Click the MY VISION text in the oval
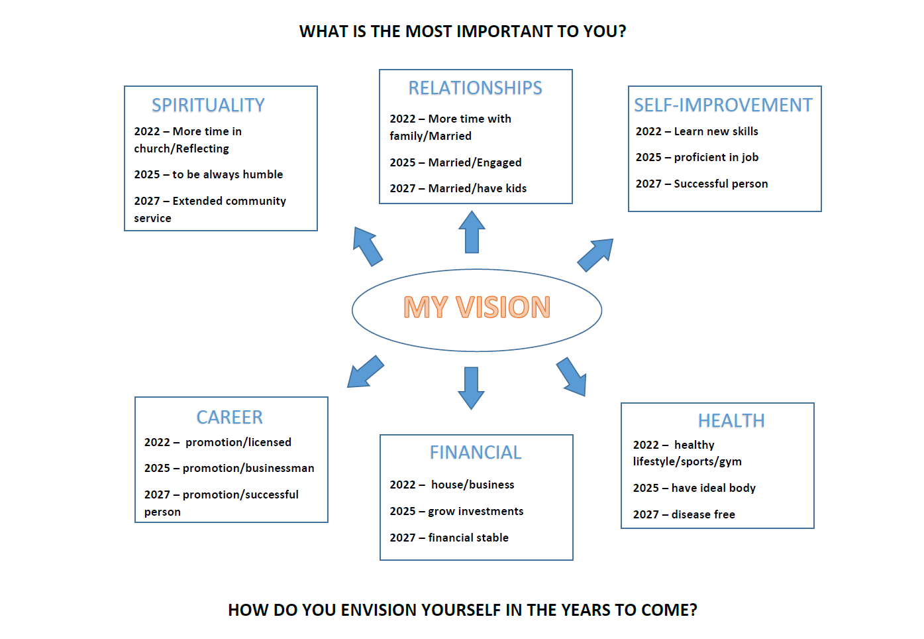coord(477,307)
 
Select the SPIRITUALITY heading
coord(208,105)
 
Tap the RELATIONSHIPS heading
coord(475,88)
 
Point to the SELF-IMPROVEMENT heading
coord(723,105)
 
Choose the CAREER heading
coord(230,418)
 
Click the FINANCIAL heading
coord(476,453)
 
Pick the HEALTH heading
coord(731,421)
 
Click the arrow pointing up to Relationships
coord(472,232)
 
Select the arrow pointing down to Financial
coord(471,388)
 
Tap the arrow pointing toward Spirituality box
coord(368,247)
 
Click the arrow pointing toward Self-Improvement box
coord(595,255)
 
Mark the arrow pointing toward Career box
coord(366,371)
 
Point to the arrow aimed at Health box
coord(572,377)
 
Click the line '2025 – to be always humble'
coord(208,174)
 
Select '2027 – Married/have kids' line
coord(458,188)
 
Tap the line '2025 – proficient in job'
coord(697,157)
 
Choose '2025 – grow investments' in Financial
coord(456,512)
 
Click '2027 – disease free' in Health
coord(684,514)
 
